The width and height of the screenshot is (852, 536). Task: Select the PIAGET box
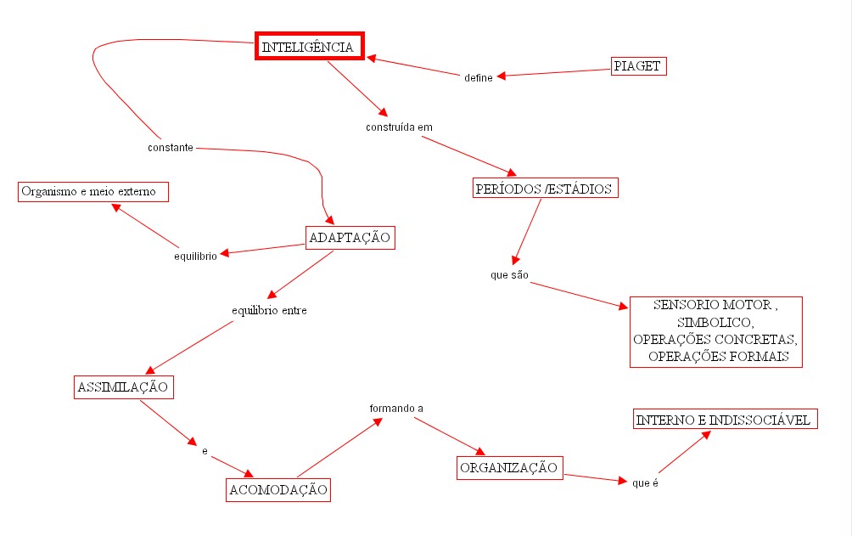[x=639, y=65]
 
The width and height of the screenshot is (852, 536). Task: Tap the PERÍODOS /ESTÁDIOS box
[x=544, y=189]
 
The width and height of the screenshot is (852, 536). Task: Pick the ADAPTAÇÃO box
[x=350, y=238]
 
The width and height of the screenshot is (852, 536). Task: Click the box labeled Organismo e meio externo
[x=92, y=192]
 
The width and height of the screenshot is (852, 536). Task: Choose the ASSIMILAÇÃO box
[x=122, y=387]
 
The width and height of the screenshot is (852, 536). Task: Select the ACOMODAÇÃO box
[x=277, y=490]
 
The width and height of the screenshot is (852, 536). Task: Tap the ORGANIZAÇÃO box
[x=509, y=468]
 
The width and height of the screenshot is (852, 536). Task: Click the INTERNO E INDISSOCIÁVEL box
[x=725, y=420]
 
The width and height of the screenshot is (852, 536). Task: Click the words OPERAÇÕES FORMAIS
[x=725, y=357]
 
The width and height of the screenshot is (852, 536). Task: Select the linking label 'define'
[x=479, y=78]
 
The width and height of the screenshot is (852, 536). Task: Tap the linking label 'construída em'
[x=399, y=127]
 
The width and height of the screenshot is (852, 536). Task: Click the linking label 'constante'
[x=171, y=147]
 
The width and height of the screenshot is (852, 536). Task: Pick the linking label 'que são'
[x=509, y=276]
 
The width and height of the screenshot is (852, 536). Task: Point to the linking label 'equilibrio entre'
[x=269, y=310]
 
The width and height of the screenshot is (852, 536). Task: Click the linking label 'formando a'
[x=395, y=409]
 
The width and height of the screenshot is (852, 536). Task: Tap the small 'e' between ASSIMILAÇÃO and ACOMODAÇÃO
[x=205, y=450]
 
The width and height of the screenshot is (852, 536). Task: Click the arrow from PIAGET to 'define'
[x=556, y=72]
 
